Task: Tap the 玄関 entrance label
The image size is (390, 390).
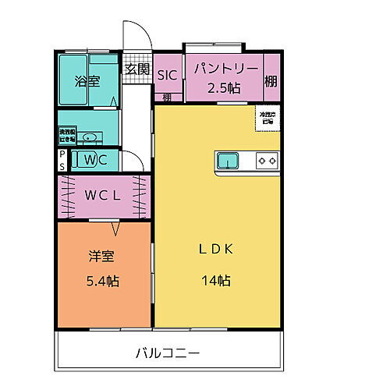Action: click(138, 69)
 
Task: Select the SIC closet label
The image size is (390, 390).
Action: click(168, 75)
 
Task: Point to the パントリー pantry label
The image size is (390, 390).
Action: click(223, 69)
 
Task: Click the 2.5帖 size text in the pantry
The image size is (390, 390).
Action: click(222, 87)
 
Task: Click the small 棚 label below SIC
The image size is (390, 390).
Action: click(168, 97)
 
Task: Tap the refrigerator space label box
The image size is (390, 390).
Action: click(268, 118)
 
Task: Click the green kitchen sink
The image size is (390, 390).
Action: click(229, 160)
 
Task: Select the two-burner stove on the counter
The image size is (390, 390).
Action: click(267, 161)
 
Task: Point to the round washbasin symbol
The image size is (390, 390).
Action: click(90, 138)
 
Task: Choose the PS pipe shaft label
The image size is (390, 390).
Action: click(62, 161)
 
